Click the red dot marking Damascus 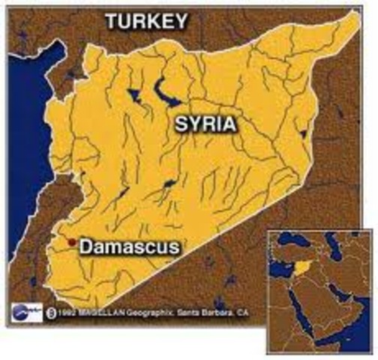point(70,241)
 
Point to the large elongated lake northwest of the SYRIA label point(164,94)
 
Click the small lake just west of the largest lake point(133,96)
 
